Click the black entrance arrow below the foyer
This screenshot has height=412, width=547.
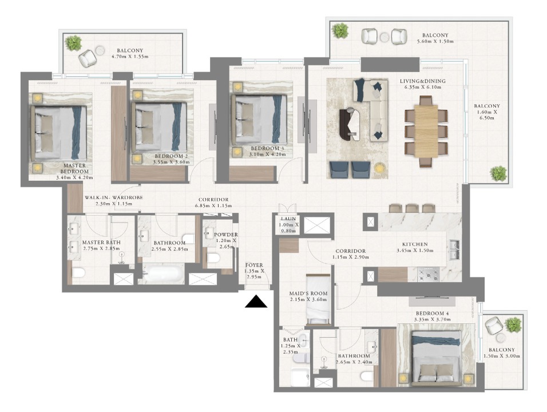(256, 302)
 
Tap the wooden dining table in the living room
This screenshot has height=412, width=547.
(426, 131)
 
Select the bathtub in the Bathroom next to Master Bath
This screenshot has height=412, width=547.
(163, 274)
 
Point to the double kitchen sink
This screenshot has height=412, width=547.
(454, 249)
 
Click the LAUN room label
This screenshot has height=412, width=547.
(288, 219)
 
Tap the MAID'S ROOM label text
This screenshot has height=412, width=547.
(308, 294)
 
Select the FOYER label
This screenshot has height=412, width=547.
(254, 265)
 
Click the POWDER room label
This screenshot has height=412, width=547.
(225, 235)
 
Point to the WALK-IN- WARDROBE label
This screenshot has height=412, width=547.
(114, 197)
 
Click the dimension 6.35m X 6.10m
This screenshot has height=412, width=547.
(423, 87)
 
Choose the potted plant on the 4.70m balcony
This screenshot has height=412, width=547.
(73, 43)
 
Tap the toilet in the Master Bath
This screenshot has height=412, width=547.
(78, 272)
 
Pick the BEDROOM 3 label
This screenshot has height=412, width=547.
(267, 148)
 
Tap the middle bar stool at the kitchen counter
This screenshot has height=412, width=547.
(412, 208)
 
